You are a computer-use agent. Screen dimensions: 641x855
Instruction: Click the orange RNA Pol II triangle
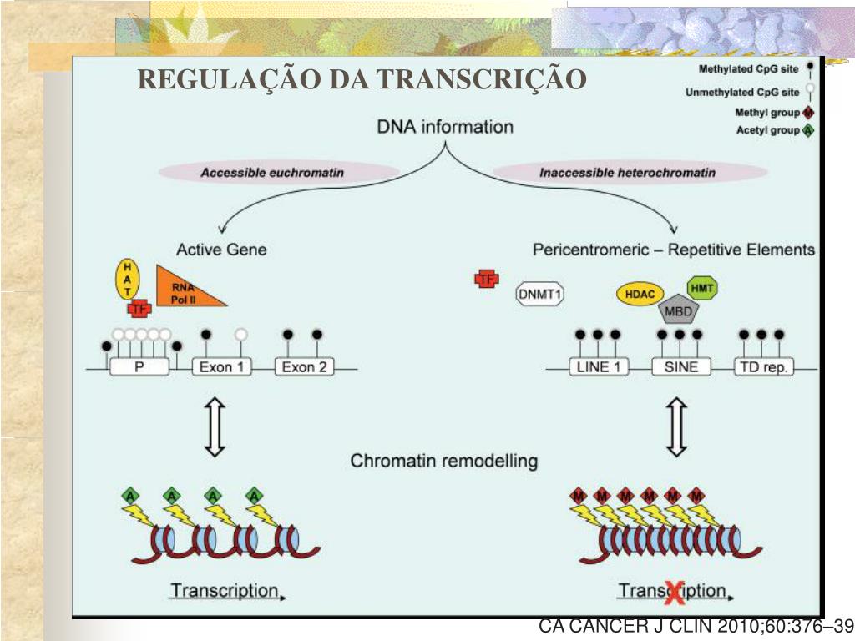click(x=185, y=290)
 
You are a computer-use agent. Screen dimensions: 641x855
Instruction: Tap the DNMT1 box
click(x=540, y=294)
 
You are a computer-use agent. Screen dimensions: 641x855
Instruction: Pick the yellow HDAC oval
click(x=640, y=294)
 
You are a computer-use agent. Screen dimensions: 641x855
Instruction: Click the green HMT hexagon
click(x=702, y=288)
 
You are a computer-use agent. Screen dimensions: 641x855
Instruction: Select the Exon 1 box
click(x=222, y=366)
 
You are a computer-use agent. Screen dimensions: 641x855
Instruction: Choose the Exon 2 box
click(x=304, y=366)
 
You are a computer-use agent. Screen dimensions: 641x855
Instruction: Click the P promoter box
click(x=139, y=366)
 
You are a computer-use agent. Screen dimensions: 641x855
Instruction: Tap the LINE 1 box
click(x=599, y=366)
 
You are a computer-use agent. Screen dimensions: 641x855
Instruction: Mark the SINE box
click(x=680, y=366)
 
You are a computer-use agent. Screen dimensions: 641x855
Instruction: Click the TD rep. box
click(x=763, y=366)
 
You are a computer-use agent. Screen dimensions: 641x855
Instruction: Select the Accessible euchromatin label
click(x=272, y=173)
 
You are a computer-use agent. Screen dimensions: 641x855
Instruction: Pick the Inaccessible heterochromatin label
click(x=627, y=173)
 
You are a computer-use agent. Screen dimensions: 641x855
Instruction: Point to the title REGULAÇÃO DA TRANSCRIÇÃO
click(x=362, y=79)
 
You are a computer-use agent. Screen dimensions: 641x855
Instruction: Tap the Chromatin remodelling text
click(x=443, y=461)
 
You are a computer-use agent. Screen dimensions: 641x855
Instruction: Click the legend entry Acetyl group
click(x=767, y=130)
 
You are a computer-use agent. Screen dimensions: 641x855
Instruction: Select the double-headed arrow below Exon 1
click(x=215, y=426)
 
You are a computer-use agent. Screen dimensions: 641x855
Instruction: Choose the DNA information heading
click(x=445, y=128)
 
